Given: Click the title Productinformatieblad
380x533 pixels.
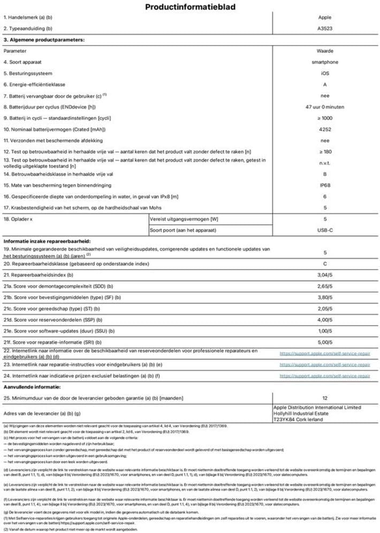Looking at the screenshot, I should [x=190, y=7].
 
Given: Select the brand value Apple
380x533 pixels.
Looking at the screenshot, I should [x=325, y=18].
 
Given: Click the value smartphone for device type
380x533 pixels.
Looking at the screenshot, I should [x=325, y=63].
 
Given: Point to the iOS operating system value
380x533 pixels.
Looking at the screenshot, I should [x=325, y=74].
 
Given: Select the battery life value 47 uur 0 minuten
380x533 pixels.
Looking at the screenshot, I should [x=325, y=108].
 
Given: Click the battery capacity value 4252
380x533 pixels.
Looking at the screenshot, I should [x=325, y=130].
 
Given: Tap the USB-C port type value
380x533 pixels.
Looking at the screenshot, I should [x=325, y=230].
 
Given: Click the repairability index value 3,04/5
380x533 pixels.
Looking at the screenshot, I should [x=325, y=275].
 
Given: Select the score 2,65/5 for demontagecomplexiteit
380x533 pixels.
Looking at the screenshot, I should [x=325, y=286].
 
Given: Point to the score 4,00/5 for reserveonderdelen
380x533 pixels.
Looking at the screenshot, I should [x=325, y=320].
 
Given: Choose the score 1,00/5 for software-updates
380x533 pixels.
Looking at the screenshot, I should [x=325, y=331].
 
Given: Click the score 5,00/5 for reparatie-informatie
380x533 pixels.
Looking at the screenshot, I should [x=325, y=342].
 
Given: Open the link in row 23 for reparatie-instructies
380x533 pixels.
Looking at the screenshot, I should [x=325, y=364].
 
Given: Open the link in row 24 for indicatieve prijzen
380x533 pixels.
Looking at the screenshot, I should [x=325, y=376].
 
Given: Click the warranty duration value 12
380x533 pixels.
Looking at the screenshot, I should [x=325, y=398].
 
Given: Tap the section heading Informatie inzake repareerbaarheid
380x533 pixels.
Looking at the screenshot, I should [x=47, y=241].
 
